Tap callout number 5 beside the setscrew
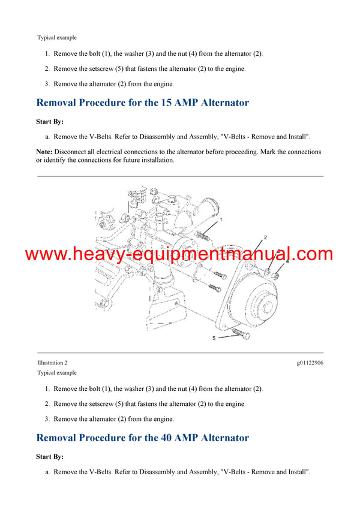click(213, 338)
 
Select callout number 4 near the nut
click(287, 261)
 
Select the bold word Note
click(44, 152)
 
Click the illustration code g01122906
click(310, 363)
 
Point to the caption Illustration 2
click(52, 363)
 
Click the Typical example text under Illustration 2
click(57, 372)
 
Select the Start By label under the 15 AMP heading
click(50, 121)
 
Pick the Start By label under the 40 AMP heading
click(50, 456)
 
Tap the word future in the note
click(134, 160)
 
